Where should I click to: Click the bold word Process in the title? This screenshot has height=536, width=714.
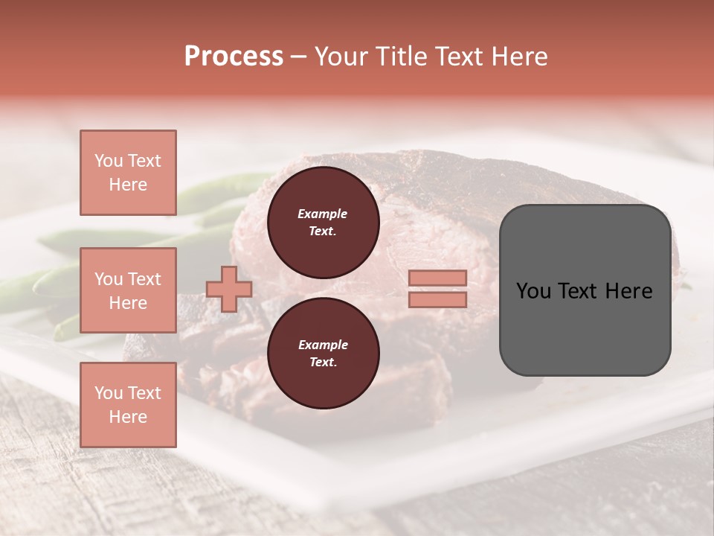pyautogui.click(x=234, y=57)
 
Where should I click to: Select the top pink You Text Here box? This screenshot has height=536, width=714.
pyautogui.click(x=128, y=173)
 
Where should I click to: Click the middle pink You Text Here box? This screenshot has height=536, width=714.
pyautogui.click(x=128, y=290)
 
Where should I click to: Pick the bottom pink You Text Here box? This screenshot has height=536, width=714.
pyautogui.click(x=128, y=404)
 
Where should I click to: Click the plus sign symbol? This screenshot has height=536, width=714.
pyautogui.click(x=229, y=289)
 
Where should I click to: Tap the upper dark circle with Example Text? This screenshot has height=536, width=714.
pyautogui.click(x=323, y=223)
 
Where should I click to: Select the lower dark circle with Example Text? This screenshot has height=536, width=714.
pyautogui.click(x=323, y=354)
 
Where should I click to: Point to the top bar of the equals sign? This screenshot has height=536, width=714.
pyautogui.click(x=437, y=278)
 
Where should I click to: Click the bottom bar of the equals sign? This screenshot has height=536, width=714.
pyautogui.click(x=437, y=299)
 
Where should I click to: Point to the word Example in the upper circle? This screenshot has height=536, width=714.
pyautogui.click(x=323, y=214)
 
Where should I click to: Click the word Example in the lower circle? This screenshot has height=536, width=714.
pyautogui.click(x=323, y=345)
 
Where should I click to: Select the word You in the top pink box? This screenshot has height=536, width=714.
pyautogui.click(x=109, y=161)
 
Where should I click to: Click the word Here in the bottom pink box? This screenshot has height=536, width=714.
pyautogui.click(x=128, y=417)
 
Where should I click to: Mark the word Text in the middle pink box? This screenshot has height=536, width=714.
pyautogui.click(x=144, y=279)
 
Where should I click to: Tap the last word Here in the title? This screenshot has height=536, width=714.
pyautogui.click(x=521, y=57)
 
